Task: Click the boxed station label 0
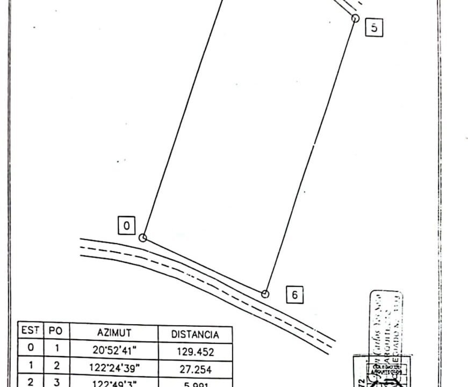click(126, 226)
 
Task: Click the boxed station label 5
click(374, 27)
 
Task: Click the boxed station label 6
click(295, 295)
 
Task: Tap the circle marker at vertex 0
click(143, 238)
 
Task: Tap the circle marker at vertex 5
click(355, 18)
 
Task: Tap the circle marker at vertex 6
click(265, 294)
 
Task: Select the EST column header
click(31, 331)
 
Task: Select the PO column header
click(56, 331)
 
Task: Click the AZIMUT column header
click(114, 333)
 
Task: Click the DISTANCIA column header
click(195, 334)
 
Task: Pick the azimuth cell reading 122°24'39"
click(114, 369)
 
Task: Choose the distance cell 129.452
click(195, 352)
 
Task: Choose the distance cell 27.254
click(195, 370)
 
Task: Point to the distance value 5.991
click(195, 384)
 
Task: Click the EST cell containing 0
click(31, 348)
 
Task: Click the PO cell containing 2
click(56, 365)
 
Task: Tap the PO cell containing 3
click(56, 382)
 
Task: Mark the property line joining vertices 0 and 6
click(204, 266)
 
